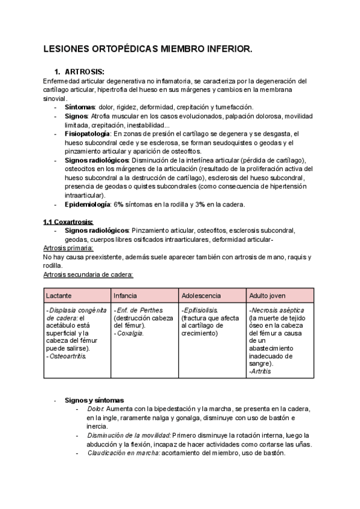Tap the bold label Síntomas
pos(80,106)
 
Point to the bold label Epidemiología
pos(87,205)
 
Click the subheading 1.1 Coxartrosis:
pos(68,222)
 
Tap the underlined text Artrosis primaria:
pos(68,248)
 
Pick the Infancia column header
pos(125,296)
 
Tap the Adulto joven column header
pos(267,296)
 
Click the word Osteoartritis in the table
pos(67,356)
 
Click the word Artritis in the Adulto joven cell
pos(260,372)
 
